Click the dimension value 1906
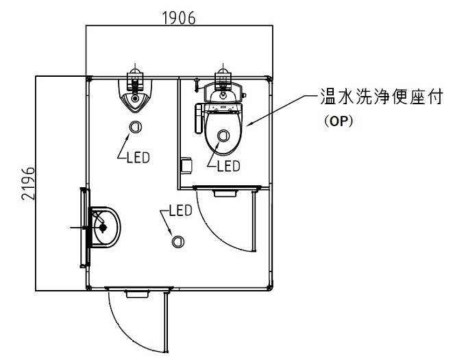(180, 18)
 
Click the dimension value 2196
(29, 183)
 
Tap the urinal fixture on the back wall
(135, 96)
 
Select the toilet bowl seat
(223, 133)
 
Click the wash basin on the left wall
(105, 228)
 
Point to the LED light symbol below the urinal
(135, 127)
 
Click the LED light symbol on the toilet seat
(223, 136)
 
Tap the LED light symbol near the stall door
(177, 241)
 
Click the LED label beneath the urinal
(138, 158)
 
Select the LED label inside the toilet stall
(228, 166)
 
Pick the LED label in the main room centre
(181, 211)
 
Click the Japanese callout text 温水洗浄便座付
(381, 96)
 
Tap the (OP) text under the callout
(339, 121)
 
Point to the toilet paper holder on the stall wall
(186, 165)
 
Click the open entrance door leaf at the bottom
(167, 322)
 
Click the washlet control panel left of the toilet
(199, 119)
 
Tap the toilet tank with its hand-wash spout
(223, 93)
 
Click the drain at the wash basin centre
(103, 228)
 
